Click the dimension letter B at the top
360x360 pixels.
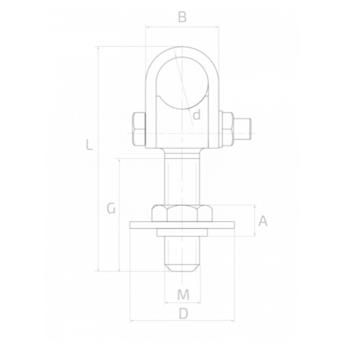[182, 17]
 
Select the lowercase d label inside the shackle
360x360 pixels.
[197, 115]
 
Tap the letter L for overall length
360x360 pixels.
[90, 145]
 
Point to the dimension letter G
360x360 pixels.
[111, 208]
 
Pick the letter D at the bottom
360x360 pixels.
[183, 313]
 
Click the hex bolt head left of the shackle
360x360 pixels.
[138, 128]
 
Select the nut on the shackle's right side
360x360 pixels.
[226, 128]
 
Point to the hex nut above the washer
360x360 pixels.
[183, 213]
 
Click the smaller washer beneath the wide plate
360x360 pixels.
[183, 232]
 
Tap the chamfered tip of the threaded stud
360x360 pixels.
[183, 266]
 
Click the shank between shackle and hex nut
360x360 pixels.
[183, 178]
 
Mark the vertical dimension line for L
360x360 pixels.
[98, 191]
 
